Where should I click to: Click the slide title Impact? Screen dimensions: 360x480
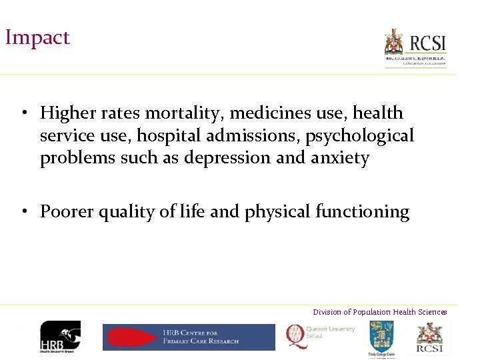pyautogui.click(x=37, y=37)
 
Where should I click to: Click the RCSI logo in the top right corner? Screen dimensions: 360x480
pyautogui.click(x=415, y=47)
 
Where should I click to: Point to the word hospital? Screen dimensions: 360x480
pyautogui.click(x=170, y=136)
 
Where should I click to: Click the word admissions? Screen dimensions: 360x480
pyautogui.click(x=253, y=136)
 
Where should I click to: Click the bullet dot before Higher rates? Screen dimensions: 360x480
pyautogui.click(x=23, y=112)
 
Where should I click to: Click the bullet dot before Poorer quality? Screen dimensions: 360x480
pyautogui.click(x=23, y=212)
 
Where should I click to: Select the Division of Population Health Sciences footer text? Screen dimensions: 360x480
pyautogui.click(x=380, y=312)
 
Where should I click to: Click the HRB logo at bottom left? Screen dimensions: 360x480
pyautogui.click(x=60, y=336)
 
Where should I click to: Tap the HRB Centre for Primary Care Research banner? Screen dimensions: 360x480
pyautogui.click(x=189, y=337)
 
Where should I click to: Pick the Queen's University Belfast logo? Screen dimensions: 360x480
pyautogui.click(x=321, y=334)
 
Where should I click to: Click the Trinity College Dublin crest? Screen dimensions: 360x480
pyautogui.click(x=382, y=336)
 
